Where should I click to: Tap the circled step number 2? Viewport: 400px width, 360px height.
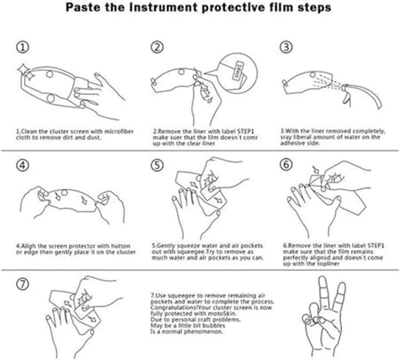(157, 47)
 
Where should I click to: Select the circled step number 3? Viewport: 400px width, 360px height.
(285, 47)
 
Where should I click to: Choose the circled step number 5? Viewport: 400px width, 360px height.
(157, 164)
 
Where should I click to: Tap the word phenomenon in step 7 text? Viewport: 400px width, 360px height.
(202, 331)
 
